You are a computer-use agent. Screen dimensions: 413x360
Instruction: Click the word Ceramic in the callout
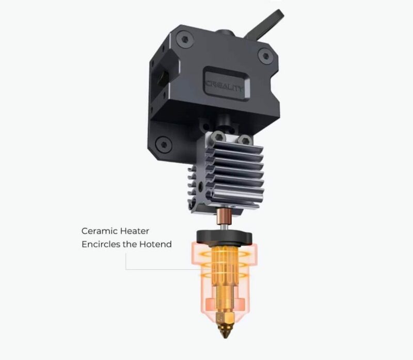pos(99,231)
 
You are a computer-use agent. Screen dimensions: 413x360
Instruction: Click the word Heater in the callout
pos(135,231)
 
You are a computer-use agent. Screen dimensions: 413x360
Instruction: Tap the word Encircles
pos(101,244)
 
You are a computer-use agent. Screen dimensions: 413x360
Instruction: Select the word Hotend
pos(155,244)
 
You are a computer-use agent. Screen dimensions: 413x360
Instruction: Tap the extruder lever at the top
pos(265,24)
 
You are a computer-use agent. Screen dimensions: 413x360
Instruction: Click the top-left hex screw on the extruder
pos(185,40)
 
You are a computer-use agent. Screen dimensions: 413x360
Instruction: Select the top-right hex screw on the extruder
pos(266,56)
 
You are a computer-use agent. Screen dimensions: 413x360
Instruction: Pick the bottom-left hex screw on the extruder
pos(164,144)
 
